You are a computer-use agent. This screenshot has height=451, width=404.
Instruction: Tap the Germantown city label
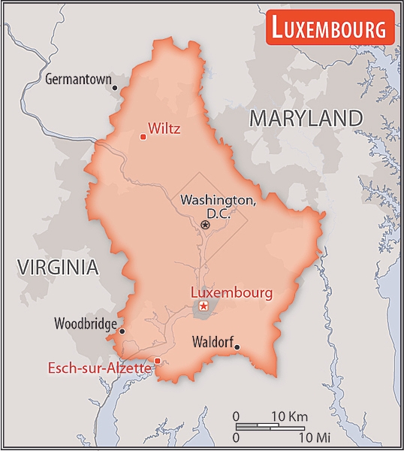point(77,79)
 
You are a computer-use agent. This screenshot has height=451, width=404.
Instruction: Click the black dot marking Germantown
point(115,87)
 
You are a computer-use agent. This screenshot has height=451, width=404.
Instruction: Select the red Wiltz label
point(164,129)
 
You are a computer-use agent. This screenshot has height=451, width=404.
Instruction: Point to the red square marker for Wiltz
point(143,136)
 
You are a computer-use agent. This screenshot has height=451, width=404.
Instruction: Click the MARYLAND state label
point(306,118)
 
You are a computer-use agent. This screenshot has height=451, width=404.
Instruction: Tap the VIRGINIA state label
point(58,266)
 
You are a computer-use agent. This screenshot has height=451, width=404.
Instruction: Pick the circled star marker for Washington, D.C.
point(205,224)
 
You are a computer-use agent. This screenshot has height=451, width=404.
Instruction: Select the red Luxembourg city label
point(231,292)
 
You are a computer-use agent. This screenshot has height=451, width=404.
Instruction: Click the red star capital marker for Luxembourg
point(203,307)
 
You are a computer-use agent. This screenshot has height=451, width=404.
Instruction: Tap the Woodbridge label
point(85,325)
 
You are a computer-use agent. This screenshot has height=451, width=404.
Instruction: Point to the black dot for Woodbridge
point(122,331)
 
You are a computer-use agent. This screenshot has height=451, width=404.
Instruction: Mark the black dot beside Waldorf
point(237,347)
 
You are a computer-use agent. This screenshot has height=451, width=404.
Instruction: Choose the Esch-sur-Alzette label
point(99,368)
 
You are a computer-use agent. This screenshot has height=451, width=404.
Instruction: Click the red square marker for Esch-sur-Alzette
point(158,361)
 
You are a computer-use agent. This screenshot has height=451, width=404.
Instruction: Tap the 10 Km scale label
point(290,416)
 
